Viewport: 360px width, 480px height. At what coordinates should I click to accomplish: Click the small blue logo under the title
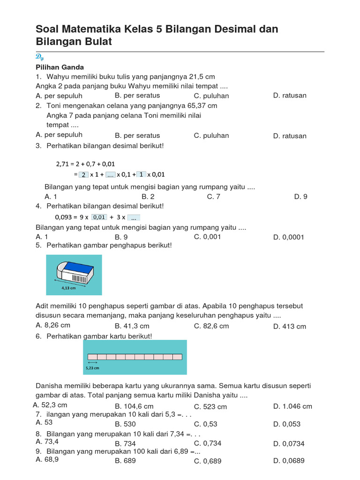click(39, 57)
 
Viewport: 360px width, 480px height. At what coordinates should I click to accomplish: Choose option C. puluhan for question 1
click(211, 96)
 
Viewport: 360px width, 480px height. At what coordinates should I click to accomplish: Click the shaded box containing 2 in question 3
click(83, 174)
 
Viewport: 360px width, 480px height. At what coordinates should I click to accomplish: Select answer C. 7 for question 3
click(213, 196)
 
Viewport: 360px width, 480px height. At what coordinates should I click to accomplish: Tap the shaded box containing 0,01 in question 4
click(99, 217)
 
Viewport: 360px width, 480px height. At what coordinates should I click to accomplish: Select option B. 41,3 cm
click(132, 326)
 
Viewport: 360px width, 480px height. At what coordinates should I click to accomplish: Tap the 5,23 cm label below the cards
click(92, 368)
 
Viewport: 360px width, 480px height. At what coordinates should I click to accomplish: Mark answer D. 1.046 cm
click(292, 406)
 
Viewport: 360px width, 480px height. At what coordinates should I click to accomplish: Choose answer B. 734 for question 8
click(125, 443)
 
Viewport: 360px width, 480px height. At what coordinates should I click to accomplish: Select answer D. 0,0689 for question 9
click(289, 461)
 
